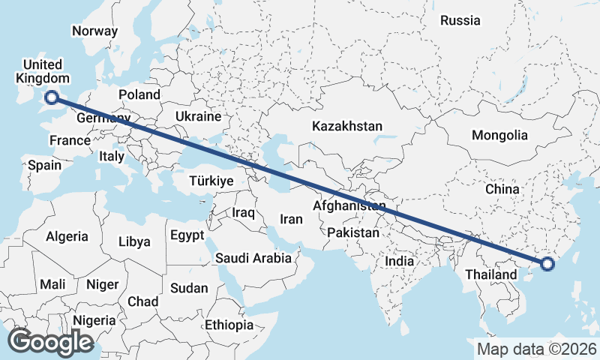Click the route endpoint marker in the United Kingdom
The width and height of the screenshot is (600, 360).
click(x=52, y=96)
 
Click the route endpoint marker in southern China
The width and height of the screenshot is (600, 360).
click(x=547, y=263)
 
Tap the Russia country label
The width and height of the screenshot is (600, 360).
click(x=460, y=20)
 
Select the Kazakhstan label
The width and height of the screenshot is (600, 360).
click(x=348, y=126)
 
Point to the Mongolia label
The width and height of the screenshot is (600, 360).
click(x=499, y=136)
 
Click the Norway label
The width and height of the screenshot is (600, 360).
click(x=94, y=31)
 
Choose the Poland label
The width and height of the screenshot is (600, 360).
click(x=139, y=94)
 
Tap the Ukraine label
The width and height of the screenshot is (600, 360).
click(x=198, y=116)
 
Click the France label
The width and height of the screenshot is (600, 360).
click(x=70, y=140)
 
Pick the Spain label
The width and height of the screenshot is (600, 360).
click(x=44, y=165)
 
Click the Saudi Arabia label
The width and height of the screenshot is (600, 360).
click(x=253, y=258)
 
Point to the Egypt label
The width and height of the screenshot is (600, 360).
click(x=187, y=235)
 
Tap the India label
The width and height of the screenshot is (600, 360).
click(x=400, y=262)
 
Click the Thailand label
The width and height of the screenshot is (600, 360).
click(x=490, y=274)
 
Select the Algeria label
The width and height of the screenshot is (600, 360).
click(x=67, y=236)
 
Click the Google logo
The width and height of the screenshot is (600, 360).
click(x=50, y=342)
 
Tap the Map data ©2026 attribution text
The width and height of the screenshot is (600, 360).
click(x=537, y=349)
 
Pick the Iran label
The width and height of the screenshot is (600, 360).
click(x=291, y=219)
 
